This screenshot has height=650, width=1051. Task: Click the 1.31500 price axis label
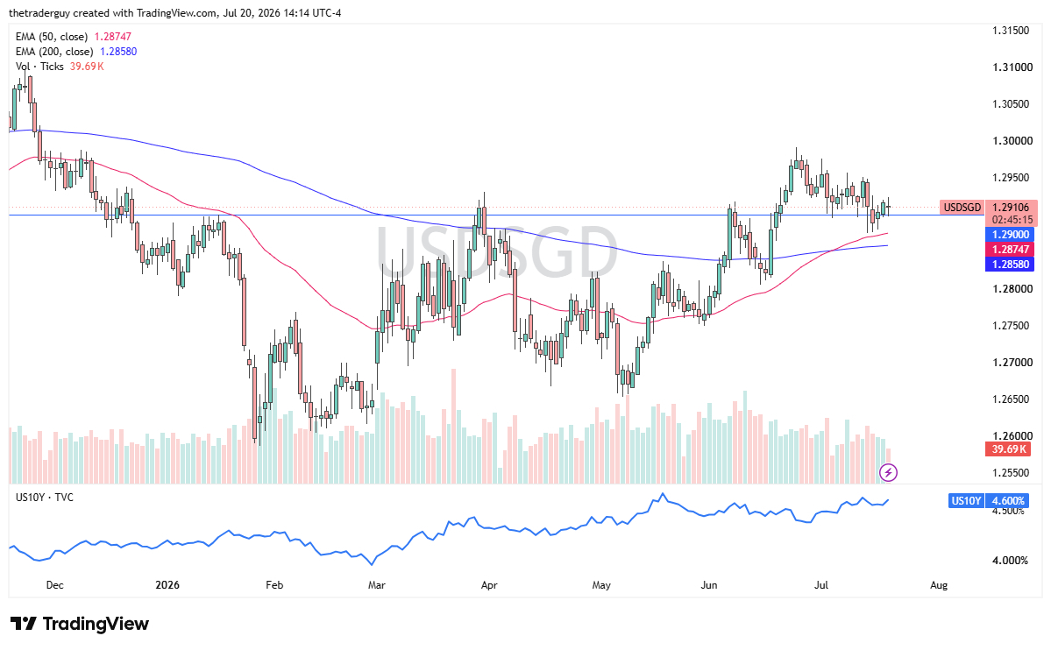pyautogui.click(x=1010, y=30)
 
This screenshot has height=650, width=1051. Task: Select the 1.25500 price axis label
pyautogui.click(x=1010, y=472)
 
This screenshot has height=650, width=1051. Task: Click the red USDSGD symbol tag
pyautogui.click(x=962, y=207)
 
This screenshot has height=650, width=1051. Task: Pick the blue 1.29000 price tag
pyautogui.click(x=1010, y=235)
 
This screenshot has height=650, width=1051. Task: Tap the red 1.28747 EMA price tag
pyautogui.click(x=1010, y=250)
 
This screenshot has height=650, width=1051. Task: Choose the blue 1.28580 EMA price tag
pyautogui.click(x=1010, y=264)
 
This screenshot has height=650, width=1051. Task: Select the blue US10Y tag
pyautogui.click(x=966, y=500)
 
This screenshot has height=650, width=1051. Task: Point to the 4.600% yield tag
pyautogui.click(x=1007, y=500)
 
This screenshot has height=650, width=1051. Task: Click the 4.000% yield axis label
pyautogui.click(x=1010, y=560)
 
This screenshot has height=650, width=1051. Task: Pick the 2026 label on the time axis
pyautogui.click(x=167, y=585)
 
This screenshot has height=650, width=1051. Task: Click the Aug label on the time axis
pyautogui.click(x=939, y=585)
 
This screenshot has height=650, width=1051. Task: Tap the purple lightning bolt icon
pyautogui.click(x=888, y=473)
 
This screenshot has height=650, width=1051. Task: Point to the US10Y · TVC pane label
pyautogui.click(x=44, y=498)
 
